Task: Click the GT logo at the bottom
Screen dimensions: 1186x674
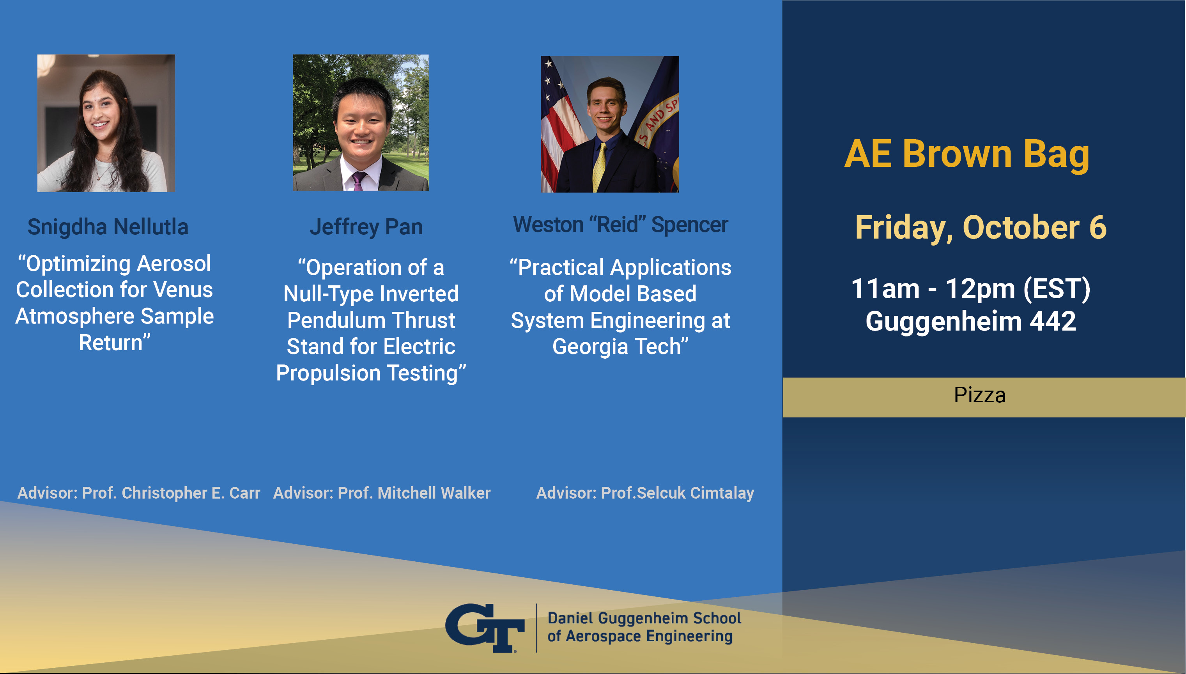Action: coord(485,628)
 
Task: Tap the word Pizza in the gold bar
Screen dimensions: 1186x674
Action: coord(979,395)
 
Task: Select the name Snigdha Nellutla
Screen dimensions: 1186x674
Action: coord(108,227)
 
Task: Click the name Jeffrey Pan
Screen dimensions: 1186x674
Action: coord(366,227)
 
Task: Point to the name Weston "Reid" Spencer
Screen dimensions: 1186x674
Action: coord(620,225)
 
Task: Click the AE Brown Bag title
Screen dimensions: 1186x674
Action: coord(967,154)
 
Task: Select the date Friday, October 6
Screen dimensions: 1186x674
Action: coord(981,228)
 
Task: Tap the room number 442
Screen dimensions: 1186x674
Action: coord(1053,321)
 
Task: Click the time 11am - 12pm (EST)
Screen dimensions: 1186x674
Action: coord(971,288)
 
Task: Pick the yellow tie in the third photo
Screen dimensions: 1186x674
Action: coord(600,167)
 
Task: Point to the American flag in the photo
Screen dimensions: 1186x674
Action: coord(558,125)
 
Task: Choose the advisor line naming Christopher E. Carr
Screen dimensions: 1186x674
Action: coord(139,493)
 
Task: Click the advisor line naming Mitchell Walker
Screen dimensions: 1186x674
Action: coord(382,493)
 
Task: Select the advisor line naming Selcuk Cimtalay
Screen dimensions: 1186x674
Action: coord(645,493)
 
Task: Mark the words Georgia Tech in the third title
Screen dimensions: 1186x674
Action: coord(620,347)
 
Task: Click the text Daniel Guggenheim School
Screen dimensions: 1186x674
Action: coord(644,618)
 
